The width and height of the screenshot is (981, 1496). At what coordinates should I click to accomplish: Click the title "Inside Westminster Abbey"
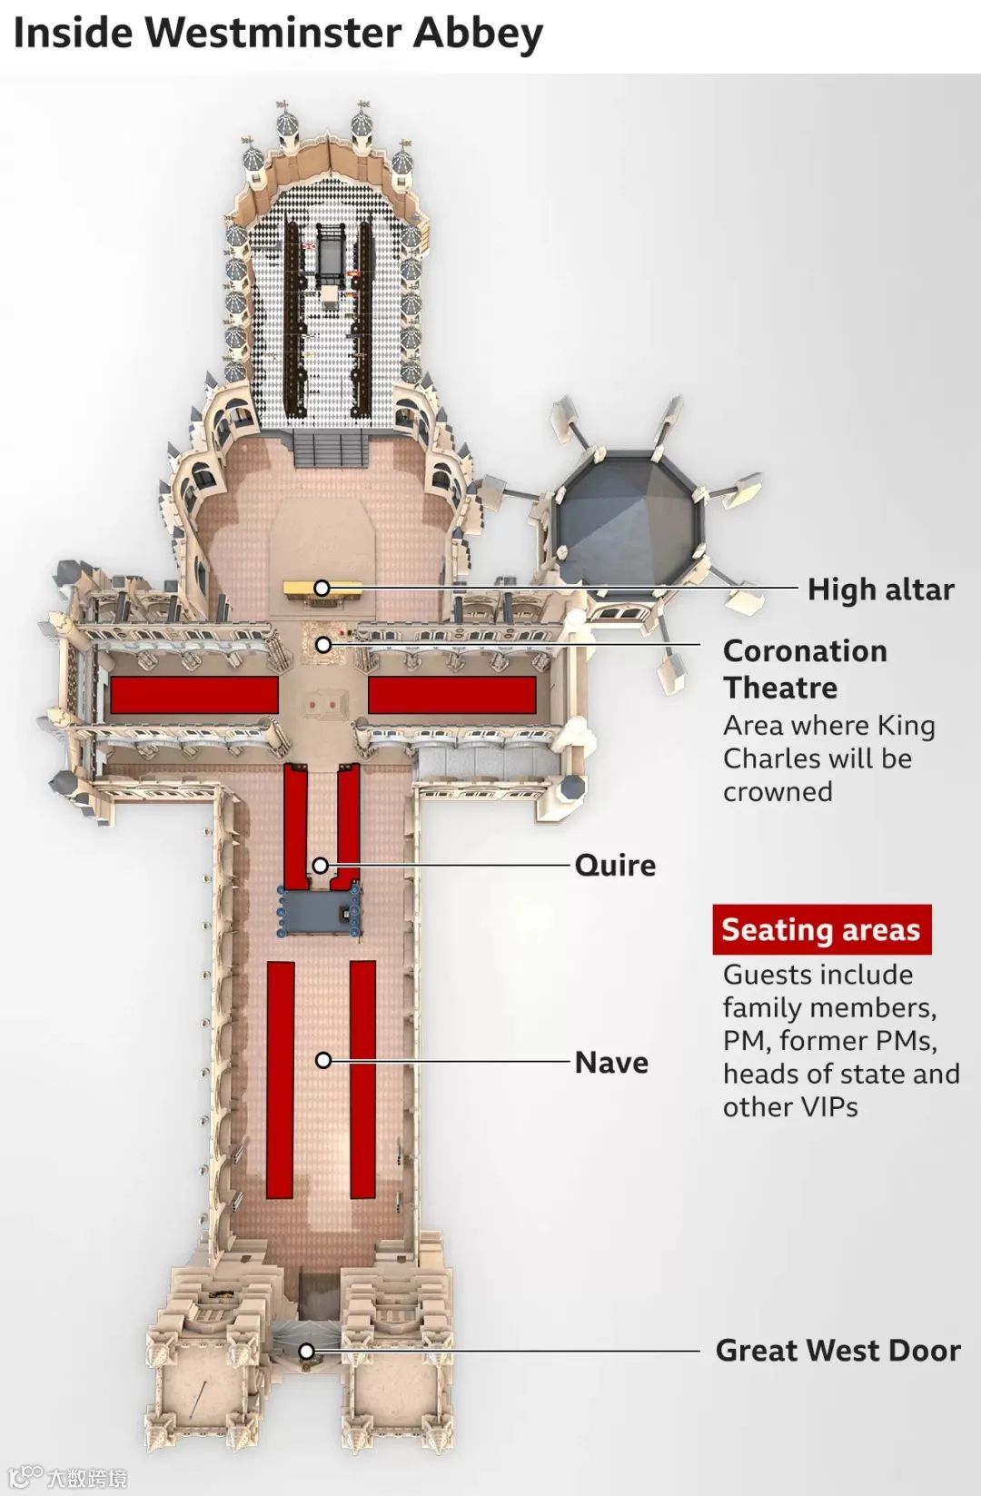point(277,34)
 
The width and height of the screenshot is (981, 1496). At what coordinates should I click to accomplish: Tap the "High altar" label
point(880,589)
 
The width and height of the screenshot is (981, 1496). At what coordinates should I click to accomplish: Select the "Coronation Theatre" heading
point(805,669)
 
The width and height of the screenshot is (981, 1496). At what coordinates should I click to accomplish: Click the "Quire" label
point(615,865)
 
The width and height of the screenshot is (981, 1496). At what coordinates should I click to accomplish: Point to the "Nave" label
point(611,1062)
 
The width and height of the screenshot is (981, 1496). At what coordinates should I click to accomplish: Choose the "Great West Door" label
point(837,1351)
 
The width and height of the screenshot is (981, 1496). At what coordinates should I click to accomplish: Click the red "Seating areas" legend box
point(821,929)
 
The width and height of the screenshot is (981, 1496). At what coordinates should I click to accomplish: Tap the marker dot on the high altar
point(322,588)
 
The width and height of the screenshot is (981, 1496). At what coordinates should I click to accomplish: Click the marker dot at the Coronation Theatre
point(323,644)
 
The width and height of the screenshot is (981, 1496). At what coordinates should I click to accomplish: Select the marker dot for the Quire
point(321,865)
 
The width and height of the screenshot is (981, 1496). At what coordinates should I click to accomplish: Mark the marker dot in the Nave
point(323,1060)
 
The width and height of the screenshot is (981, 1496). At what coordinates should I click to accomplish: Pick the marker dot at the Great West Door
point(307,1352)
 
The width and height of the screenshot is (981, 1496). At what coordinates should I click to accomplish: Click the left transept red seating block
point(194,695)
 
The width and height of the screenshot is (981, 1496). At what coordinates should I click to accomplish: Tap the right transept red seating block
point(451,695)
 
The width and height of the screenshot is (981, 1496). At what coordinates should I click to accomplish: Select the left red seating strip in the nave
point(281,1079)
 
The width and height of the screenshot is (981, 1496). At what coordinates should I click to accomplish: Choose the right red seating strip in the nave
point(363,1079)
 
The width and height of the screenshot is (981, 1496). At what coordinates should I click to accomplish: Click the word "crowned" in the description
point(778,792)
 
